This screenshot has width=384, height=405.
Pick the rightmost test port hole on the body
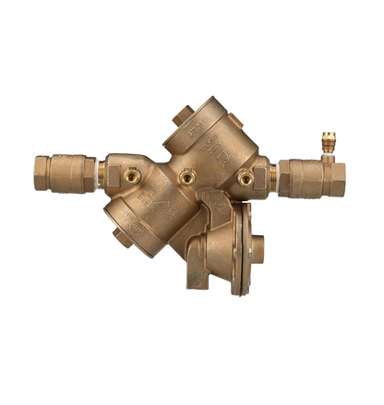tap(246, 178)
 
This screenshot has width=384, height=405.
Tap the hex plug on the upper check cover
tap(182, 116)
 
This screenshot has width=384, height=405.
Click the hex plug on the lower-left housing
tap(121, 236)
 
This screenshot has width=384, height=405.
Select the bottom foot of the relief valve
tap(198, 278)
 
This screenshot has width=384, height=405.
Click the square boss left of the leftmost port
tap(114, 175)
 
